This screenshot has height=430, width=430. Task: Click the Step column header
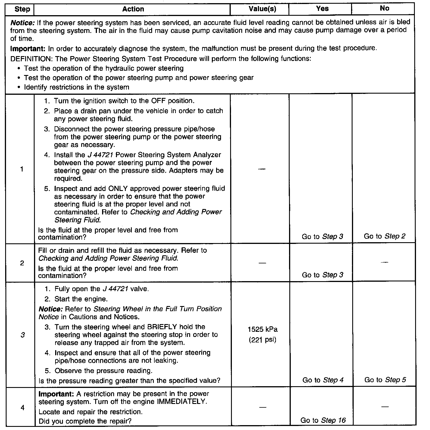22,9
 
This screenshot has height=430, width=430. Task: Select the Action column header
133,9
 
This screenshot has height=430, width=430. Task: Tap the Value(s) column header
262,9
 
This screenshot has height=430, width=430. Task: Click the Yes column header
322,9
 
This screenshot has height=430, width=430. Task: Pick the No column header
384,8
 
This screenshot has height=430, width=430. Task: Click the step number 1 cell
22,169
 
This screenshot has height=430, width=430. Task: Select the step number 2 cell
22,263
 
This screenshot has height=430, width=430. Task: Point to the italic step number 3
23,335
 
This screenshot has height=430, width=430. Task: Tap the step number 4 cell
23,407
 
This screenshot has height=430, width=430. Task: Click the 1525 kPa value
262,329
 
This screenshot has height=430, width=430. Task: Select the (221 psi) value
262,340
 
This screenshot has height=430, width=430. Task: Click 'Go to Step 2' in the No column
384,236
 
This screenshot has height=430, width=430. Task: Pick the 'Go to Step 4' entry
323,380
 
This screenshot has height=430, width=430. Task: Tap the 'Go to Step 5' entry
385,380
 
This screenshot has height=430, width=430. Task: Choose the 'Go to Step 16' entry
323,420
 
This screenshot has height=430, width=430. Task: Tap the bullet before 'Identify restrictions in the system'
19,87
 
